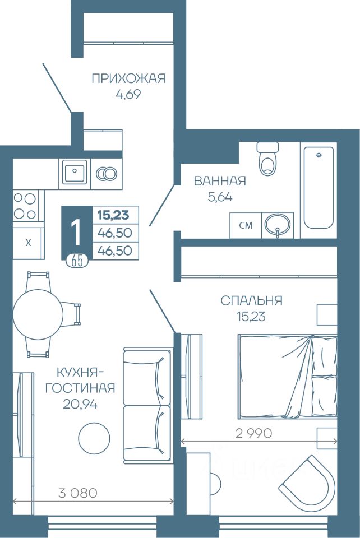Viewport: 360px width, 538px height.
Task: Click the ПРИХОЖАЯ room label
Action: [x=128, y=78]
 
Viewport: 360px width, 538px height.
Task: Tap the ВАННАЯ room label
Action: [x=220, y=181]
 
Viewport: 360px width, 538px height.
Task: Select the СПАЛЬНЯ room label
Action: [x=251, y=300]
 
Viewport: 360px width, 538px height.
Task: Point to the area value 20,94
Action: [x=80, y=405]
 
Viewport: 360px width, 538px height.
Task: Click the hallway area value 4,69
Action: [x=128, y=94]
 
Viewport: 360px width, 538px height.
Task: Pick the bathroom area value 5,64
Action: [x=220, y=197]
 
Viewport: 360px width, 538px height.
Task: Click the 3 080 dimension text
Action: [x=78, y=493]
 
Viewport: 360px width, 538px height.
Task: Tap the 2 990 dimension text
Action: [x=254, y=433]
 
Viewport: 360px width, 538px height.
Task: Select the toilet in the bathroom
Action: [x=267, y=159]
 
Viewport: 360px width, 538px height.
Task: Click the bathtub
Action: [x=319, y=188]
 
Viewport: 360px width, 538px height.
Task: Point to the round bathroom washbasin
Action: [x=278, y=225]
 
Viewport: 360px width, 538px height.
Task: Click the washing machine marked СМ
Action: [x=246, y=225]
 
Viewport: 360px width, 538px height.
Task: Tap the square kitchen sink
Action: [x=75, y=174]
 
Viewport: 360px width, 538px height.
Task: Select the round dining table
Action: [x=38, y=314]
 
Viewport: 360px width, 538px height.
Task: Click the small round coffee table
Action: [x=94, y=437]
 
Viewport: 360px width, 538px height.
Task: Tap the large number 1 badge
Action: [x=76, y=232]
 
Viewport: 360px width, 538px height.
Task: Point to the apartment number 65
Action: [x=77, y=262]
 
